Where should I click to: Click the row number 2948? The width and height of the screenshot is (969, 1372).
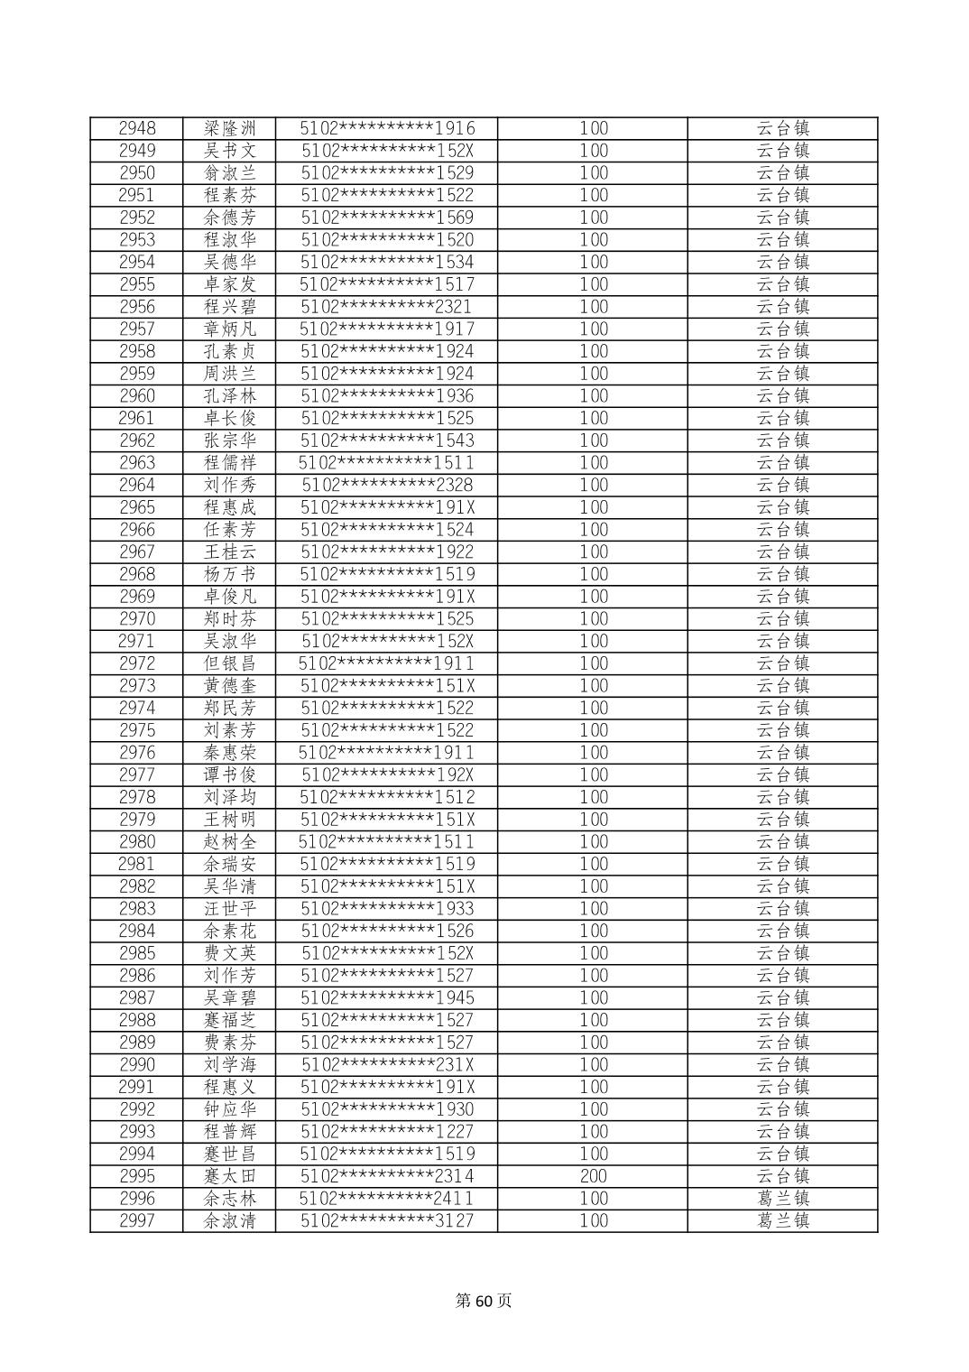click(137, 128)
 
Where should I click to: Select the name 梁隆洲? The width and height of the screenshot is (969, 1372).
click(230, 128)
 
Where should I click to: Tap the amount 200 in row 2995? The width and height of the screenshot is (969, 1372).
click(593, 1176)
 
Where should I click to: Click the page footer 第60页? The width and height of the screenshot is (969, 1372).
click(484, 1301)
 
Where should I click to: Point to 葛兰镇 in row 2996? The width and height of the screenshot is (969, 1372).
click(782, 1199)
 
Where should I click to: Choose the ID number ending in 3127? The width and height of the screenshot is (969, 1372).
click(387, 1221)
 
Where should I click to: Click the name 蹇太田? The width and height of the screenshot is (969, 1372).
click(230, 1176)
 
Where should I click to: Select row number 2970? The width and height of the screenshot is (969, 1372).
click(137, 618)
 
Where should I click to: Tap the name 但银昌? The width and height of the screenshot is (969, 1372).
click(230, 663)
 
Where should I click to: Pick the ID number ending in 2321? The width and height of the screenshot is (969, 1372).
click(387, 307)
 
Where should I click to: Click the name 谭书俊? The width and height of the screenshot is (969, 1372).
click(230, 774)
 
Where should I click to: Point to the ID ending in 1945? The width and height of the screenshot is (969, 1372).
click(387, 997)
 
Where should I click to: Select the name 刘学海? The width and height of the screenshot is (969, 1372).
click(230, 1065)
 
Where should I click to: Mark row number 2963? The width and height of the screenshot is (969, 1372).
click(137, 463)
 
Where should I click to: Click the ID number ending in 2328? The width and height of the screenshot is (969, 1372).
click(387, 485)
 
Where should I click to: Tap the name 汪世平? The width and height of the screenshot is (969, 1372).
click(230, 909)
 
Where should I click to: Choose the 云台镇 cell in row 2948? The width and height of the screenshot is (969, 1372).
click(782, 128)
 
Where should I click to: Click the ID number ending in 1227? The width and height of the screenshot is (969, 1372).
click(387, 1132)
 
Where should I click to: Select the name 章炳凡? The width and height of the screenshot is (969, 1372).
click(230, 329)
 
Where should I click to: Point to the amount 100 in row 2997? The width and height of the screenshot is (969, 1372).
click(593, 1221)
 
